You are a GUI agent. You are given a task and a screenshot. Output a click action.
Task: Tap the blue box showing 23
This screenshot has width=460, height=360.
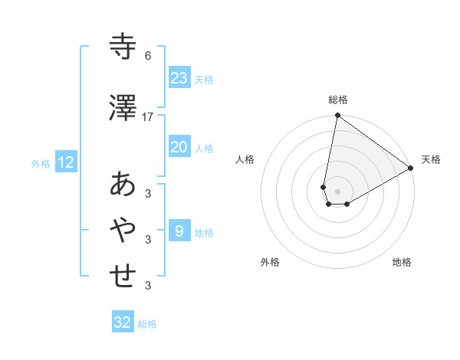pyautogui.click(x=179, y=77)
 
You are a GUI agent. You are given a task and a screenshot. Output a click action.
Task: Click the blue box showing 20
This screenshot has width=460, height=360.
pyautogui.click(x=179, y=147)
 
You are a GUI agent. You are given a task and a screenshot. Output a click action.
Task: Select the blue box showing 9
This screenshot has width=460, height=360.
pyautogui.click(x=179, y=231)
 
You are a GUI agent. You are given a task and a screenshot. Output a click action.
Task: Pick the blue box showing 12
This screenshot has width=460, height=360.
pyautogui.click(x=65, y=162)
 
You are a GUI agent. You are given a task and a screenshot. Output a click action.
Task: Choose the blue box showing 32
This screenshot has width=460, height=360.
pyautogui.click(x=123, y=322)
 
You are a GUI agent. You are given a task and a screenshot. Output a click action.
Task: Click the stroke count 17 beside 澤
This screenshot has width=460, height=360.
pyautogui.click(x=148, y=116)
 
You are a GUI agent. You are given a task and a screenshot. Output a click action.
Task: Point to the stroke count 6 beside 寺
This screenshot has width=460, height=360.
pyautogui.click(x=148, y=56)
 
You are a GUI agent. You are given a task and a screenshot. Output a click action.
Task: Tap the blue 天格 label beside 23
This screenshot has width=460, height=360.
pyautogui.click(x=204, y=79)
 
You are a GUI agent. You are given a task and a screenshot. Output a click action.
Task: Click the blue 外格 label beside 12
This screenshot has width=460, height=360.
pyautogui.click(x=41, y=163)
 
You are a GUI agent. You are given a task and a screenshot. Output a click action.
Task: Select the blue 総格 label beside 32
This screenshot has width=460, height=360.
pyautogui.click(x=147, y=324)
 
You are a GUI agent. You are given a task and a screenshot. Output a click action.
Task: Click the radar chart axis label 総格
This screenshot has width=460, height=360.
pyautogui.click(x=337, y=100)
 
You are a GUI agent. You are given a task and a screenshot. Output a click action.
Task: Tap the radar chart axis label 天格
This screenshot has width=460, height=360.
pyautogui.click(x=431, y=159)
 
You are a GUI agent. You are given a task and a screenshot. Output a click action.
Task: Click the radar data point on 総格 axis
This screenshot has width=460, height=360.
pyautogui.click(x=337, y=116)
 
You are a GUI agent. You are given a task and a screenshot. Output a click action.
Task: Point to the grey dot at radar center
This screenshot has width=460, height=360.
pyautogui.click(x=337, y=191)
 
